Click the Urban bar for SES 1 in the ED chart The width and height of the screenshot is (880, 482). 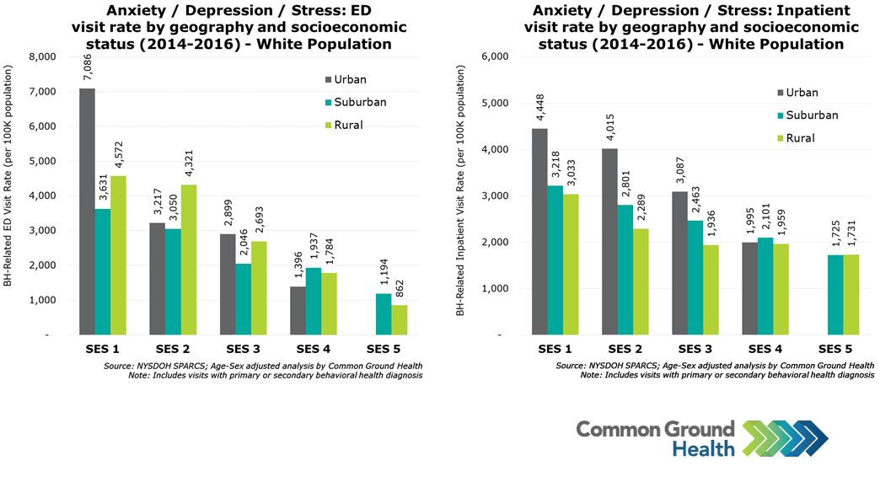pos(87,211)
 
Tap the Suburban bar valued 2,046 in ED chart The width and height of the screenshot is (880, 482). pos(243,299)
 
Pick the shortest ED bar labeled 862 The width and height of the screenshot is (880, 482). pos(398,319)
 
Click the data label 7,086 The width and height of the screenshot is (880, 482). pos(88,67)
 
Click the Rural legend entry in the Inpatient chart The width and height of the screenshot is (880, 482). pos(800,137)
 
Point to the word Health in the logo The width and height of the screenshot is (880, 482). pos(703,449)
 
